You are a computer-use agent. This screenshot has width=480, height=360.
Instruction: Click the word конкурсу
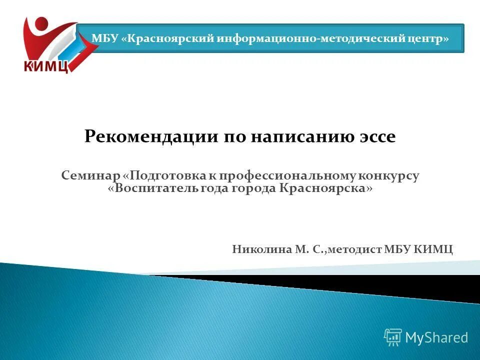[390, 175]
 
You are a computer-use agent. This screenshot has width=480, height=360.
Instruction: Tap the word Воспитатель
[156, 189]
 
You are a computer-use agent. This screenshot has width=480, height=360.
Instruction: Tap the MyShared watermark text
[436, 337]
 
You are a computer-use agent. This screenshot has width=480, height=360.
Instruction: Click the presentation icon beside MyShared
[392, 337]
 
